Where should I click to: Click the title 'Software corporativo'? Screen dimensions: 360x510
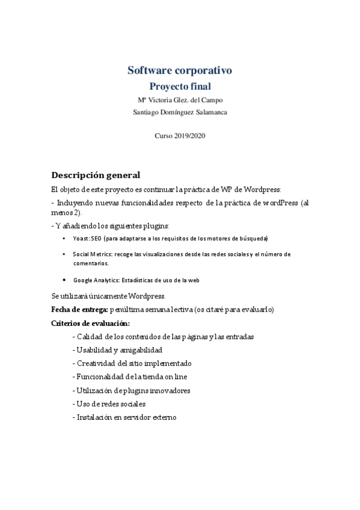(x=180, y=70)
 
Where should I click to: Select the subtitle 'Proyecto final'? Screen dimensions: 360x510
(x=180, y=87)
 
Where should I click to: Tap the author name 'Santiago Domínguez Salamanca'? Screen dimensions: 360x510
(x=180, y=111)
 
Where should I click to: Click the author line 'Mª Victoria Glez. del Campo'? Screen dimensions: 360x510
(x=180, y=100)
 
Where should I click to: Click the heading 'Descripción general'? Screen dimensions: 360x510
(x=96, y=176)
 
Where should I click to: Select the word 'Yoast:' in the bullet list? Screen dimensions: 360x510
(x=81, y=239)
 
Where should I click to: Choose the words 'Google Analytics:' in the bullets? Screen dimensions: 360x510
(x=96, y=280)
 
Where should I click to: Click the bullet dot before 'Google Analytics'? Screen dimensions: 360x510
(x=65, y=280)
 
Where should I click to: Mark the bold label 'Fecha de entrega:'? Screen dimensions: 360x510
(x=80, y=310)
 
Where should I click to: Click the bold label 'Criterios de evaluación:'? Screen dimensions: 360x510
(x=87, y=324)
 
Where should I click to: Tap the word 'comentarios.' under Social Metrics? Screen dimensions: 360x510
(x=91, y=263)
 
